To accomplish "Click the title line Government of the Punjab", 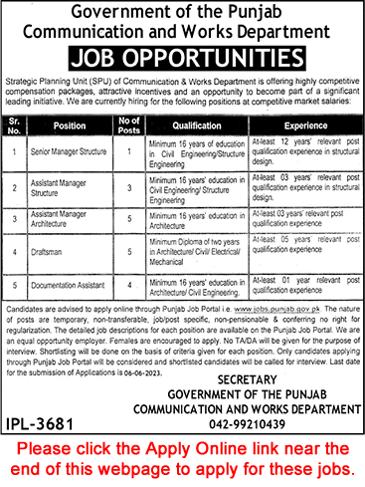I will [x=182, y=12].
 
